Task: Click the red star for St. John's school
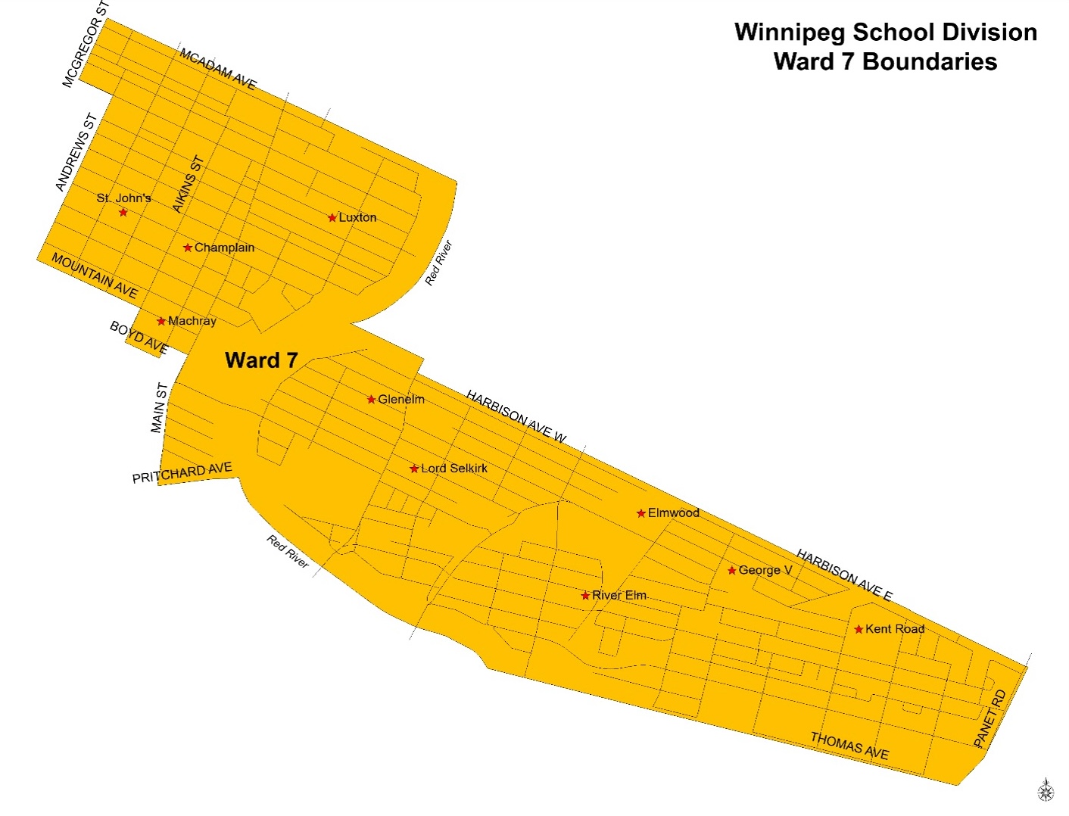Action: click(x=123, y=213)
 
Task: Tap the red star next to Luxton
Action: click(x=332, y=218)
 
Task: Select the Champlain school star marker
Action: click(x=188, y=248)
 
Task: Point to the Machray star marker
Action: click(x=161, y=321)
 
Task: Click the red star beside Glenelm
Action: click(x=372, y=400)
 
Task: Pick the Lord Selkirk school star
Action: click(x=414, y=469)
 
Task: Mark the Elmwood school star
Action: click(x=641, y=513)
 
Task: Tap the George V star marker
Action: click(x=732, y=571)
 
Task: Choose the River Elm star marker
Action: click(x=585, y=596)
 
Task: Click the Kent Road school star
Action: click(x=859, y=629)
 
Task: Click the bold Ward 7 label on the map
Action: click(x=261, y=360)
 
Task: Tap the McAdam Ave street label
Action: click(x=218, y=69)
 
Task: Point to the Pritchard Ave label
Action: click(x=182, y=472)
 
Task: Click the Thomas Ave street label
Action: click(x=849, y=746)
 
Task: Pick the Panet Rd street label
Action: click(x=990, y=718)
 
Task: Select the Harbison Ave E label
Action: click(x=844, y=575)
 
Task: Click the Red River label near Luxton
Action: click(x=438, y=263)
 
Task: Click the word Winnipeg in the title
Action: click(x=790, y=33)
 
